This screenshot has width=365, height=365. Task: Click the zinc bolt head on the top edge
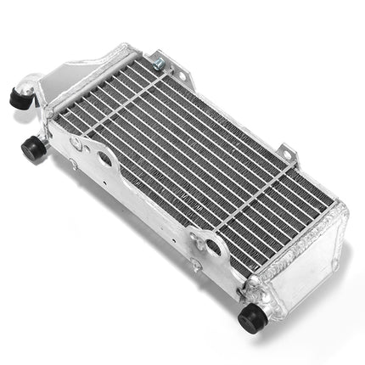click(x=158, y=60)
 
